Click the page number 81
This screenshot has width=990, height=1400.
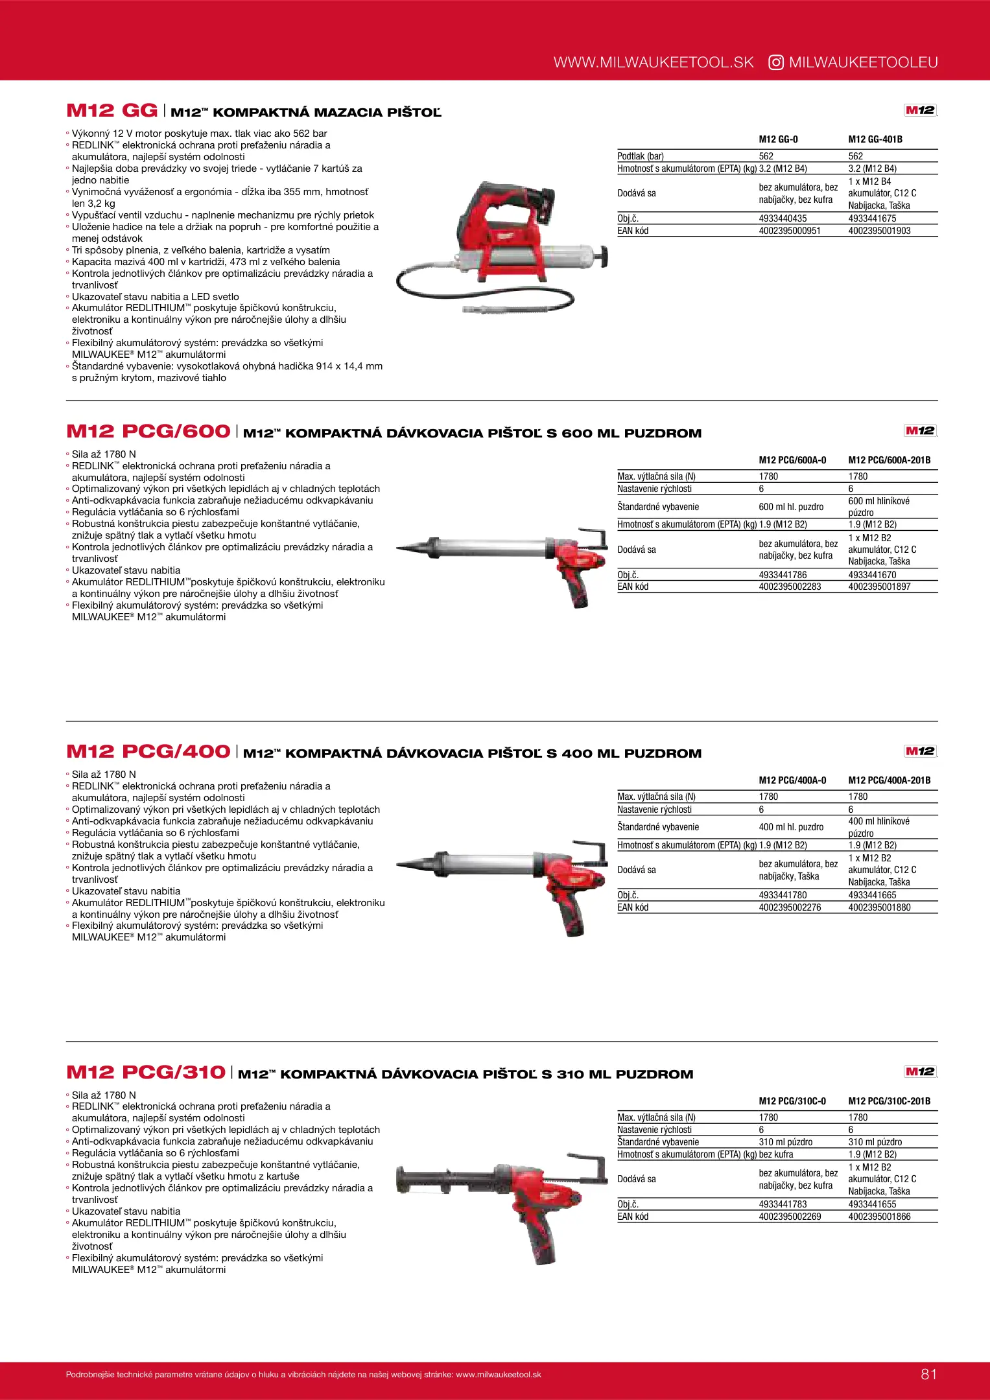click(x=928, y=1374)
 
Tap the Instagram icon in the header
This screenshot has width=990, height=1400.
click(x=775, y=62)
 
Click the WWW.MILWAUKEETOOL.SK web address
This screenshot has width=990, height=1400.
click(x=654, y=62)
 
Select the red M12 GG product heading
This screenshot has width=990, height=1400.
click(x=112, y=110)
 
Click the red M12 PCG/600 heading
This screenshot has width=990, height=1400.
click(x=148, y=431)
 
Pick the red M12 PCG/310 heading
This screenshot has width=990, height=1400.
click(x=145, y=1072)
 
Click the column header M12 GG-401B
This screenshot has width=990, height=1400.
click(x=875, y=139)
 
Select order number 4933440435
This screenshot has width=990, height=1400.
click(x=783, y=218)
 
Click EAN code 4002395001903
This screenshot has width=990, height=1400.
click(x=879, y=231)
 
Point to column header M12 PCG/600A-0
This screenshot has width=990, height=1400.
click(x=792, y=460)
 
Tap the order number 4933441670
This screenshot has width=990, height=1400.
click(x=872, y=575)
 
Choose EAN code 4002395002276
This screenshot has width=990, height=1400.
click(x=790, y=907)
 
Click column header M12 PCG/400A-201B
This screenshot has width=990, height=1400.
click(x=889, y=780)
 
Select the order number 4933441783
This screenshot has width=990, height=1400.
click(x=783, y=1204)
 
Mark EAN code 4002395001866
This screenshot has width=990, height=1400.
click(x=879, y=1217)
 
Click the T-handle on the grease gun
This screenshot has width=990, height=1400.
click(x=604, y=256)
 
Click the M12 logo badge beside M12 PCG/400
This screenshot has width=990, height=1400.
click(x=920, y=751)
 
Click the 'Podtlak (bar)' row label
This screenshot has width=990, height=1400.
click(x=641, y=156)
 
